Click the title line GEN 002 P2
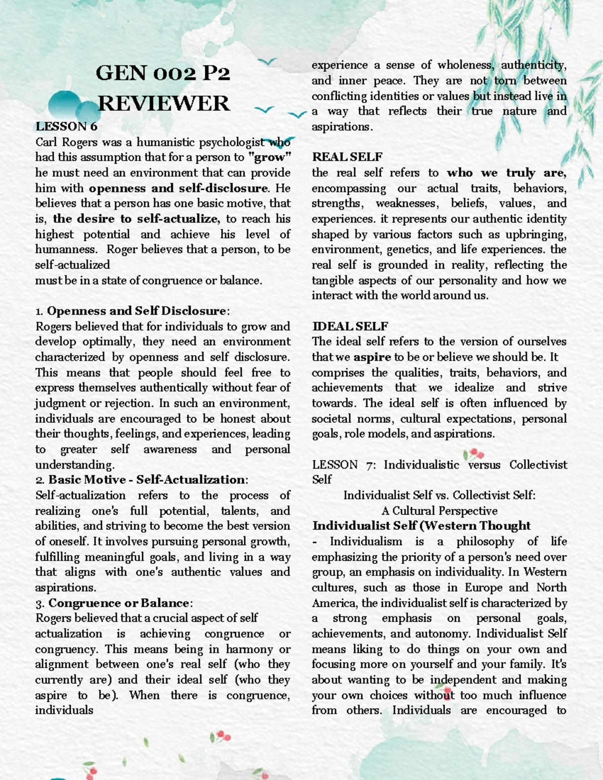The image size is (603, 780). click(162, 73)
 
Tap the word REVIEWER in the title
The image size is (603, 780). click(163, 103)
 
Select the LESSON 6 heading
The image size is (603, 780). click(66, 126)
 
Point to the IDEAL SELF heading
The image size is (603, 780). click(350, 326)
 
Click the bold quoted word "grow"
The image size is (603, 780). click(270, 157)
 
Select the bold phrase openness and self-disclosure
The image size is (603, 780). click(178, 188)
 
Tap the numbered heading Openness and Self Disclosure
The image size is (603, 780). click(136, 311)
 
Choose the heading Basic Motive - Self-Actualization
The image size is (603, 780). click(147, 480)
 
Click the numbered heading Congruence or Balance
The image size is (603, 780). click(119, 603)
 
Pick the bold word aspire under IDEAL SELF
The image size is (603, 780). click(372, 357)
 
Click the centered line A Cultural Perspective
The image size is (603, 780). click(439, 511)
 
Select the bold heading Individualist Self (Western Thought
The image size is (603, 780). click(421, 526)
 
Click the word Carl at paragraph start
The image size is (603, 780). click(46, 142)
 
